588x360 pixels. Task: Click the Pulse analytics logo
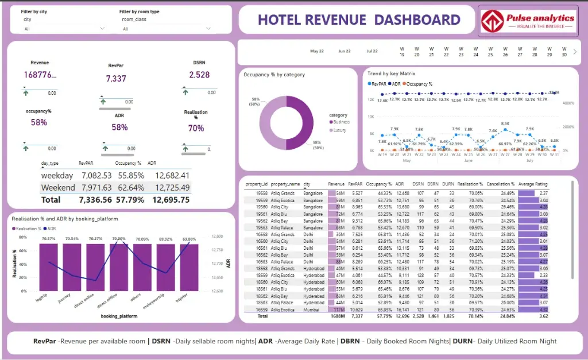[528, 21]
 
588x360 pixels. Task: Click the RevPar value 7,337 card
[116, 78]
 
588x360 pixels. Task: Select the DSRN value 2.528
[199, 75]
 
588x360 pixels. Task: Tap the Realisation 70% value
[196, 128]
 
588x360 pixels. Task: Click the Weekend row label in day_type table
[58, 188]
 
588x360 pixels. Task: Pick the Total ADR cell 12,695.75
[168, 200]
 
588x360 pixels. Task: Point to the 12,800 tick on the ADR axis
[217, 236]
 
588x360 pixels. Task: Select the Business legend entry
[341, 122]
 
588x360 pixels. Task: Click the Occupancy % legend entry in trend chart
[419, 84]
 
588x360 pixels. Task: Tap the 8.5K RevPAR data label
[505, 123]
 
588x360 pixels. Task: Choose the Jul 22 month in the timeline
[372, 51]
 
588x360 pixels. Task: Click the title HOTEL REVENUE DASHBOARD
[359, 20]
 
